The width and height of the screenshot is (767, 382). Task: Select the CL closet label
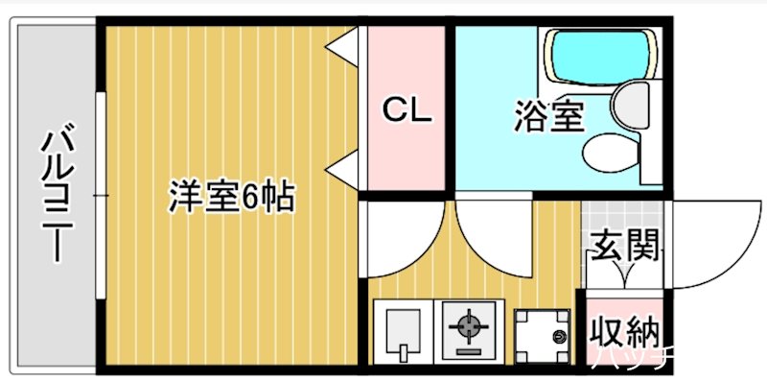click(x=407, y=110)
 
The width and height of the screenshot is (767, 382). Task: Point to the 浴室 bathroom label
click(x=548, y=117)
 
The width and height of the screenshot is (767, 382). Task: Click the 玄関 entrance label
click(x=623, y=247)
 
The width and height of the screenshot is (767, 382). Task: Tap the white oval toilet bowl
click(x=608, y=152)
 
